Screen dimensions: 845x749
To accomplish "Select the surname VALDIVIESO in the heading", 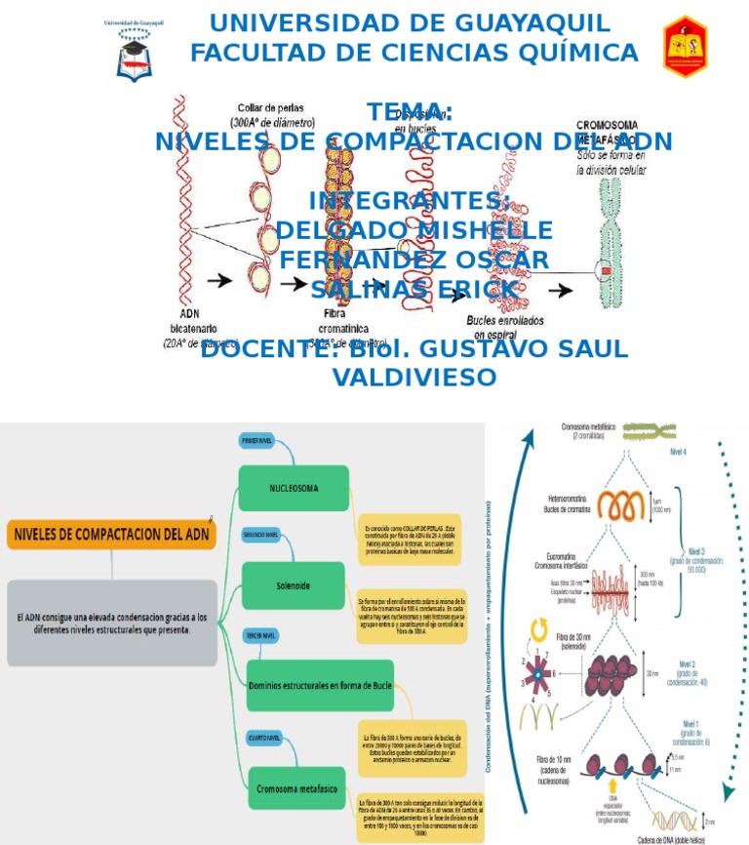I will coord(414,377).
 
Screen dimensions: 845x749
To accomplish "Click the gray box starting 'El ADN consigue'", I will coord(112,624).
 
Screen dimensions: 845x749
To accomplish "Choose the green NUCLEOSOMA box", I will coord(294,488).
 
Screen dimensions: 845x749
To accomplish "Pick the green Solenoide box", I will coord(294,584).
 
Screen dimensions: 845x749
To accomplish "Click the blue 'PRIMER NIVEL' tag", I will coord(262,441).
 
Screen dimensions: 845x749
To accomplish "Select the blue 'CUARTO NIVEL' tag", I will coord(263,739).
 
